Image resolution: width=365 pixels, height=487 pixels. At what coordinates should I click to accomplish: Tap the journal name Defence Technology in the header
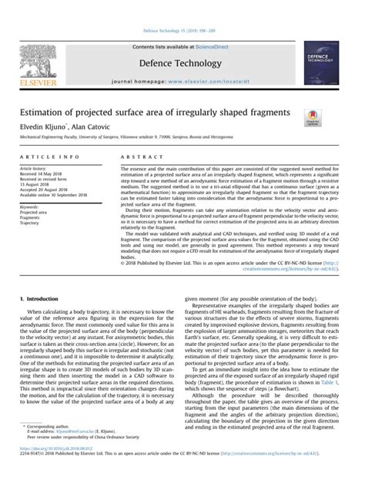coord(182,61)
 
